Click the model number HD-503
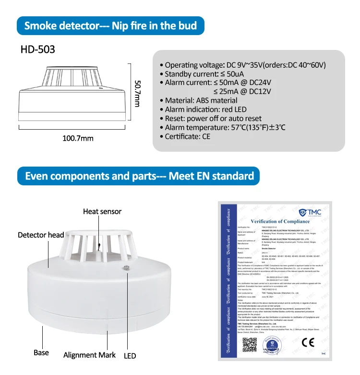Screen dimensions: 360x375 tap(38, 49)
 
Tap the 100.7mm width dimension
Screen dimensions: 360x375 tap(78, 138)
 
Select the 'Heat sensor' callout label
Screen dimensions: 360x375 tap(102, 211)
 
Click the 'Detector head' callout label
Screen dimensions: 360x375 tap(41, 235)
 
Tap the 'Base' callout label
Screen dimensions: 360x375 tap(41, 352)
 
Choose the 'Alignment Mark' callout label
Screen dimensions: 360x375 tap(90, 355)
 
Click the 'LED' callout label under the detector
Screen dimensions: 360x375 tap(130, 355)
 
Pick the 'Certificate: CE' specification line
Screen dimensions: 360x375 tap(187, 137)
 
